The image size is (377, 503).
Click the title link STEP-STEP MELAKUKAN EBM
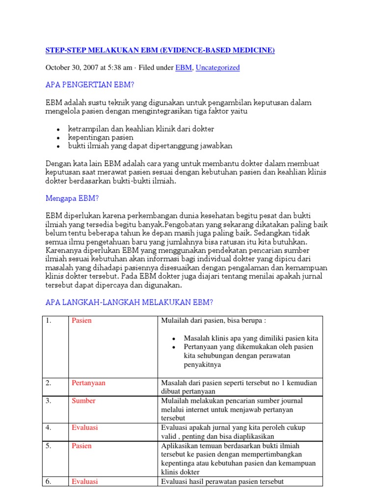pyautogui.click(x=160, y=50)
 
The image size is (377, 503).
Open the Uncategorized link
pyautogui.click(x=217, y=68)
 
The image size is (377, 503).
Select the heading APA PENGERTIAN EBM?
pyautogui.click(x=89, y=85)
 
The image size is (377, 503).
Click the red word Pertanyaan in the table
pyautogui.click(x=89, y=383)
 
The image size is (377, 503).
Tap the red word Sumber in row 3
pyautogui.click(x=83, y=401)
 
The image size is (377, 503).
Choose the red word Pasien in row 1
pyautogui.click(x=81, y=321)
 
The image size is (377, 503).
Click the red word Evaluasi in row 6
pyautogui.click(x=84, y=481)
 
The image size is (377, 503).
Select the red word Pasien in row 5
pyautogui.click(x=81, y=446)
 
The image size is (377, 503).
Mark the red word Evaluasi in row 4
pyautogui.click(x=84, y=428)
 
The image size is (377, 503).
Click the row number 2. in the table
pyautogui.click(x=49, y=383)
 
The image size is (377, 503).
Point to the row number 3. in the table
pyautogui.click(x=49, y=401)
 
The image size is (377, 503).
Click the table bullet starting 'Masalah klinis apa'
pyautogui.click(x=251, y=338)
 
